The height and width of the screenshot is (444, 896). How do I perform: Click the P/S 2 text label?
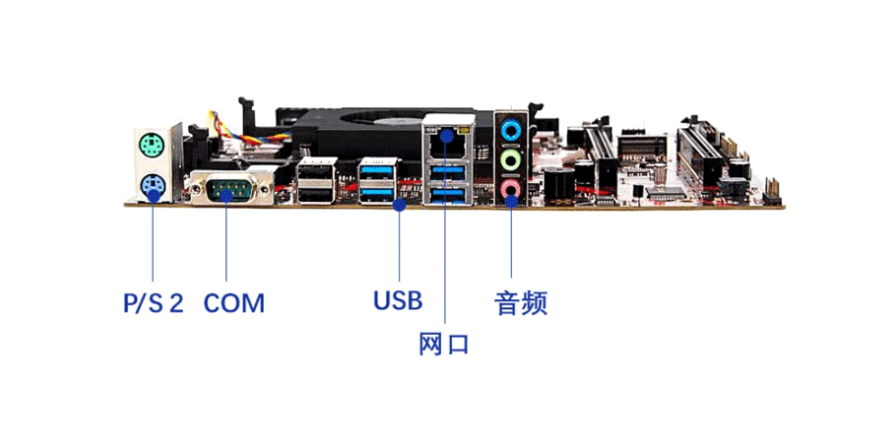[154, 303]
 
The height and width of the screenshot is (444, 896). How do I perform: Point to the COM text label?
[234, 303]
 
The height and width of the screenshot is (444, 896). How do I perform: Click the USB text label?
[399, 300]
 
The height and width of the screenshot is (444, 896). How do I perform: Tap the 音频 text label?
[521, 303]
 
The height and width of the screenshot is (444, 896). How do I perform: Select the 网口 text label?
[444, 344]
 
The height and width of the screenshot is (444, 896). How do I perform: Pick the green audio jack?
[510, 159]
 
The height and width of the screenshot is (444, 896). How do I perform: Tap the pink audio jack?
[510, 189]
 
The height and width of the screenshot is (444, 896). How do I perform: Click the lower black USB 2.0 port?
[317, 194]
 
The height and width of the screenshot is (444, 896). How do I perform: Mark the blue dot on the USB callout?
[400, 204]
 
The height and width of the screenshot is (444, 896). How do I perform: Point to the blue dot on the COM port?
[226, 196]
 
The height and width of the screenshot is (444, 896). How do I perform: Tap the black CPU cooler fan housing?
[384, 133]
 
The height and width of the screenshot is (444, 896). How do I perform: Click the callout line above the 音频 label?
[511, 239]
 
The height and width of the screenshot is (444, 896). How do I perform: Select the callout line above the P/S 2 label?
[153, 239]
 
